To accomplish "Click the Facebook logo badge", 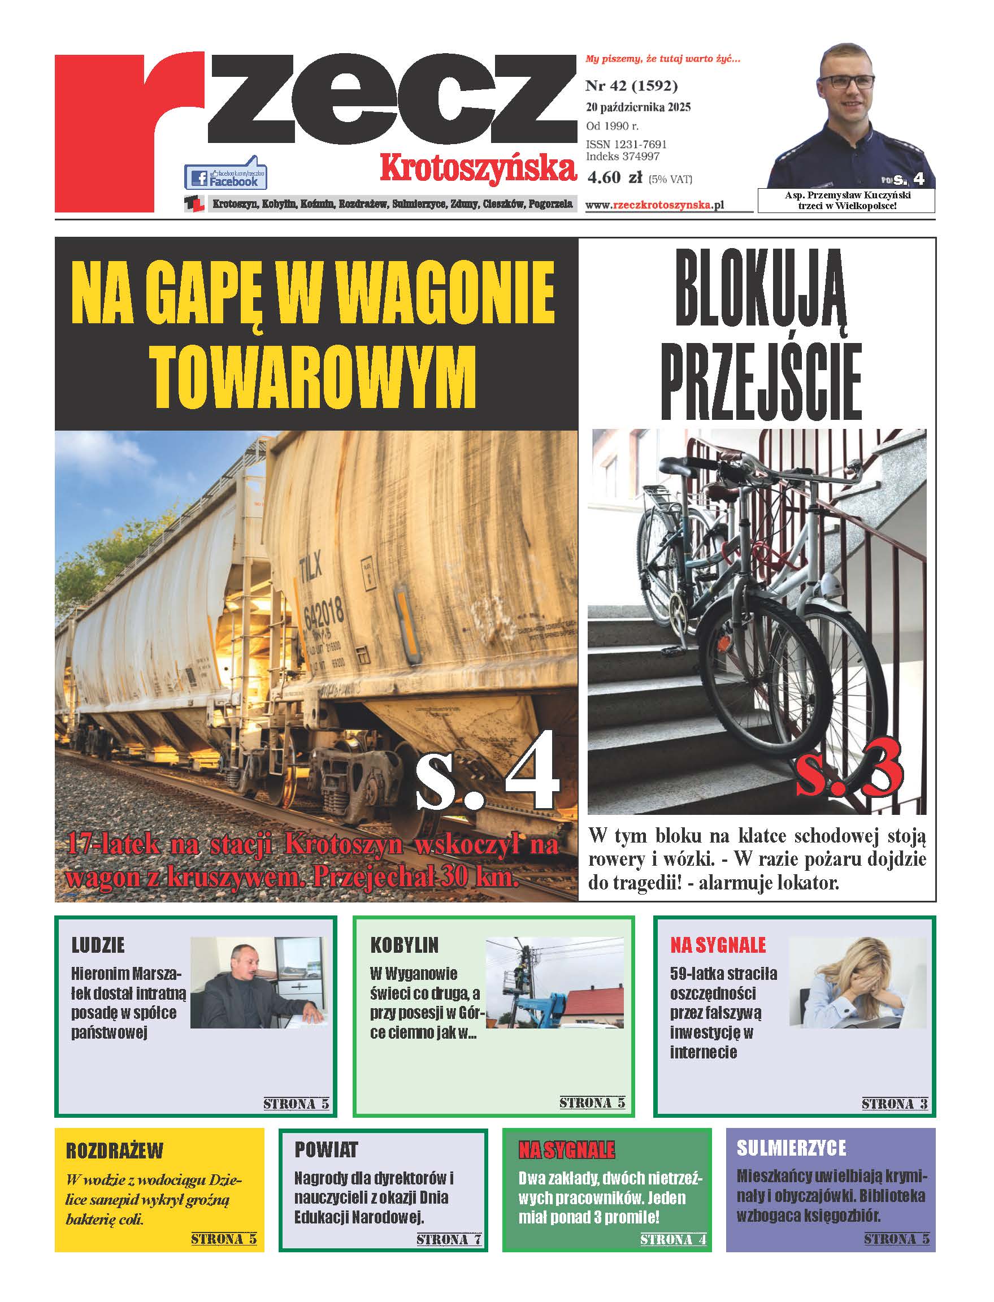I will pyautogui.click(x=225, y=175).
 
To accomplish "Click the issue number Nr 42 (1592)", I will pyautogui.click(x=631, y=86).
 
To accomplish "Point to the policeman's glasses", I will pyautogui.click(x=846, y=83).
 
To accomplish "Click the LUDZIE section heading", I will pyautogui.click(x=98, y=945).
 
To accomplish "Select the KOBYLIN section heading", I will pyautogui.click(x=404, y=945).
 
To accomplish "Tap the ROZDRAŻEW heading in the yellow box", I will pyautogui.click(x=114, y=1151).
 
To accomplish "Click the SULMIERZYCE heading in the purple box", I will pyautogui.click(x=791, y=1148).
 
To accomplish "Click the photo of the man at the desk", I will pyautogui.click(x=258, y=983).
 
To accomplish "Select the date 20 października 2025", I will pyautogui.click(x=638, y=107).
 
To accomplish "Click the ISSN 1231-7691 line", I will pyautogui.click(x=626, y=144).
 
